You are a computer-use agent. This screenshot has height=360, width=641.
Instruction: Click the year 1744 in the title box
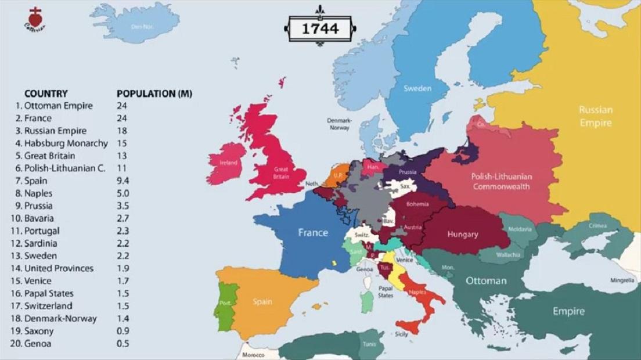click(x=320, y=28)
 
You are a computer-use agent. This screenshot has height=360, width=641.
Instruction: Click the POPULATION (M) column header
click(x=154, y=93)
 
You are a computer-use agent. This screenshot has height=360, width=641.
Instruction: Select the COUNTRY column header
click(x=46, y=93)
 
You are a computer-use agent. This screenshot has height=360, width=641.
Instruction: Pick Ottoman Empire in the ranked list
click(x=58, y=106)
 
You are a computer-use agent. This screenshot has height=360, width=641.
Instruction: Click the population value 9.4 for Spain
click(x=123, y=181)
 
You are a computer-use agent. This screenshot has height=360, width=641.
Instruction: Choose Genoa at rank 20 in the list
click(x=38, y=344)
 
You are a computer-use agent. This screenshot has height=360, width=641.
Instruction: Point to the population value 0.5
click(x=123, y=344)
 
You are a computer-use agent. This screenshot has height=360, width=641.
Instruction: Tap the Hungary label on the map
click(x=463, y=235)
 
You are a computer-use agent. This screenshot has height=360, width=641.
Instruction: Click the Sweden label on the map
click(x=417, y=88)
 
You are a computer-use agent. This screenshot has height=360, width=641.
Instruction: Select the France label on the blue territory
click(x=313, y=233)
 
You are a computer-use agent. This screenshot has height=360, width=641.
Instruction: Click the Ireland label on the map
click(x=228, y=163)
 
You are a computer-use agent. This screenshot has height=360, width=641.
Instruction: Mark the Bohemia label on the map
click(x=417, y=204)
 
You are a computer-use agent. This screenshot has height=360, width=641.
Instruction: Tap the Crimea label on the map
click(x=597, y=225)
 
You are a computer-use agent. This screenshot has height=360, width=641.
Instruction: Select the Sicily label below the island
click(x=401, y=334)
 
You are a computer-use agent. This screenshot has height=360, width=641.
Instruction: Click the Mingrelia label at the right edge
click(x=622, y=280)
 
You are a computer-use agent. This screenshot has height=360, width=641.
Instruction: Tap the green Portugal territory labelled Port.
click(x=225, y=303)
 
